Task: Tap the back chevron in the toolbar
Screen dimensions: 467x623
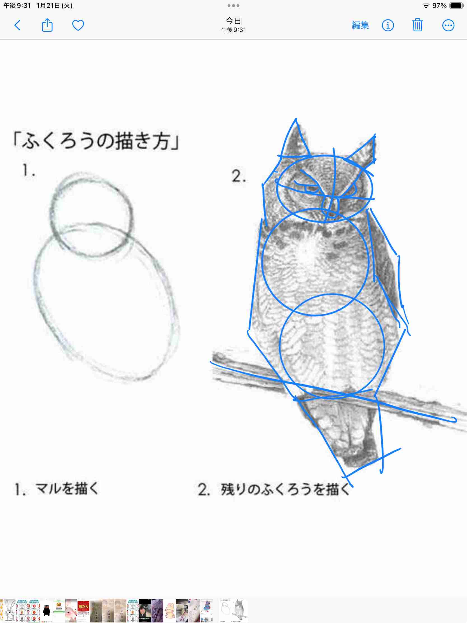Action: (x=17, y=25)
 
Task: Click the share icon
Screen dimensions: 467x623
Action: (x=47, y=25)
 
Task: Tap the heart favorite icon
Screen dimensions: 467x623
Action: (x=78, y=25)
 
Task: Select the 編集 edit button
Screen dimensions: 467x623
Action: (x=360, y=25)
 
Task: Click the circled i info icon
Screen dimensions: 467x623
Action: (x=387, y=25)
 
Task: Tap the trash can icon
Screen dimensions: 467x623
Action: (x=417, y=25)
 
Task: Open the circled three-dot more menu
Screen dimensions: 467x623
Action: (x=448, y=25)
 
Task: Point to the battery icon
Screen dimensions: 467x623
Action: (x=456, y=6)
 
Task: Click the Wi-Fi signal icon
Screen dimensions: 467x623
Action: (x=426, y=6)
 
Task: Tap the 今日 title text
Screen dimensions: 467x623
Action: (x=233, y=21)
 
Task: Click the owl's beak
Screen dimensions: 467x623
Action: (x=331, y=207)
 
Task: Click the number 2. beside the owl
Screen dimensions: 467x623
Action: (x=239, y=176)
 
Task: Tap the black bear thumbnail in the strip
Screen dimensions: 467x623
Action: (x=46, y=611)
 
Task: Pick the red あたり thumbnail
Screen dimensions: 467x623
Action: (x=83, y=611)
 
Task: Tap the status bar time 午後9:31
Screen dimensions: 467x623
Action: (x=17, y=6)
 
